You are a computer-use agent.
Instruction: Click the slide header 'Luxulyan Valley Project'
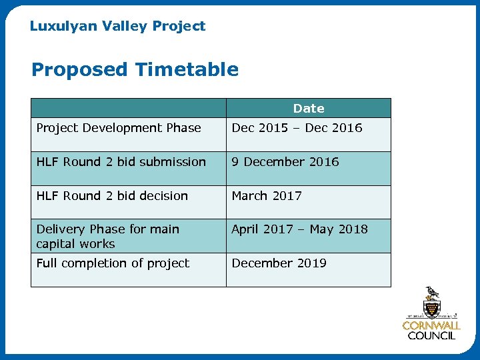pos(117,26)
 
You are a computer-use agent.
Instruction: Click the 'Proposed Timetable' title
pos(135,69)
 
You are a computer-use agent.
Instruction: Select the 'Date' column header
pos(308,108)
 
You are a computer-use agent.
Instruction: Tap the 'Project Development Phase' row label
pos(119,128)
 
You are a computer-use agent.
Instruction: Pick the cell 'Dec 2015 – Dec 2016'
pos(297,128)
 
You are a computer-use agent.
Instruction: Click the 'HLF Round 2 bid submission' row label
pos(121,162)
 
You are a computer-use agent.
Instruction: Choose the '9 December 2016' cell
pos(285,162)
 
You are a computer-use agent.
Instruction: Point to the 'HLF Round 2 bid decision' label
pos(112,196)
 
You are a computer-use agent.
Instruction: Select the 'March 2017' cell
pos(267,196)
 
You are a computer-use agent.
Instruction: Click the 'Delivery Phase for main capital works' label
pos(107,237)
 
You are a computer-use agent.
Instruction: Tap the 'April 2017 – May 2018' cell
pos(299,229)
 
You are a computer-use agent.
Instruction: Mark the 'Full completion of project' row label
pos(113,263)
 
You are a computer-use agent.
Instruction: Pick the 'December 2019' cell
pos(279,263)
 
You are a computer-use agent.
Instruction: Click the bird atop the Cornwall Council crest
pos(432,293)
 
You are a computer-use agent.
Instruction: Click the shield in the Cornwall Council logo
pos(431,309)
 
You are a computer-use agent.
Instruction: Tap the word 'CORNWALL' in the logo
pos(431,326)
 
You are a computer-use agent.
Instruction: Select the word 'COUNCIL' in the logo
pos(431,336)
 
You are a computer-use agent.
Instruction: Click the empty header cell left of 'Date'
pos(129,108)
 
